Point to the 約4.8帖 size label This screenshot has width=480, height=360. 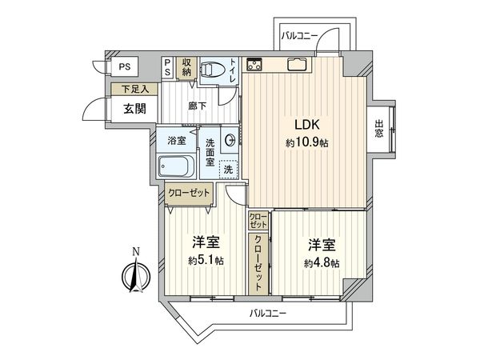(320, 262)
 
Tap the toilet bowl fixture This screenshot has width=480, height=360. (212, 70)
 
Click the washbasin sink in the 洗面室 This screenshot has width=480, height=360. (230, 141)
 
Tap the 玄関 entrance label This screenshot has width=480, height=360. (134, 110)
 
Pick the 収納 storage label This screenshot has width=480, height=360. (186, 66)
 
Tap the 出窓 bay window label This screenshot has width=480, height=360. (379, 129)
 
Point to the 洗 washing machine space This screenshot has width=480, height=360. (229, 169)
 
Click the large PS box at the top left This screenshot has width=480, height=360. (125, 66)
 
